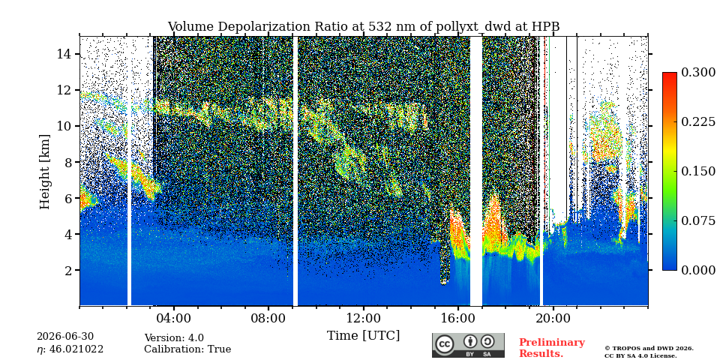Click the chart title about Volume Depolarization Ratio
point(363,27)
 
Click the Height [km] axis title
point(44,171)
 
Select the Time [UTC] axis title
point(363,336)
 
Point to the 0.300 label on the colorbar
point(698,73)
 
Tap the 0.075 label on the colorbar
point(698,220)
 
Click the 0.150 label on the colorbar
point(698,171)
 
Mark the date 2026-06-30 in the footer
point(65,337)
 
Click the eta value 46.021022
point(70,349)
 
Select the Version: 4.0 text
point(174,338)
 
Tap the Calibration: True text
point(187,349)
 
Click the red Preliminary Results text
point(552,348)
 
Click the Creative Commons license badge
point(468,345)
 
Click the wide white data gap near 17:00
point(476,171)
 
